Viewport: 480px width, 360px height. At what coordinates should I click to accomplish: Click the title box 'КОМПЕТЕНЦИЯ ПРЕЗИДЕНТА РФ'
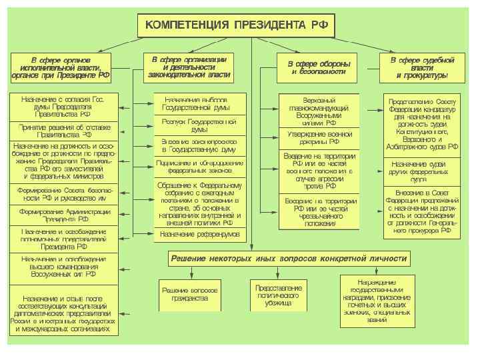236,26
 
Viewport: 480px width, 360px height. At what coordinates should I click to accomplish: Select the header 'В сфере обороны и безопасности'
318,67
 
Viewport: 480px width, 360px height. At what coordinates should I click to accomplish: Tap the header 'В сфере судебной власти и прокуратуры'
421,67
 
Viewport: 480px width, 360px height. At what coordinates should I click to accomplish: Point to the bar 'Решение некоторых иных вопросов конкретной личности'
307,258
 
